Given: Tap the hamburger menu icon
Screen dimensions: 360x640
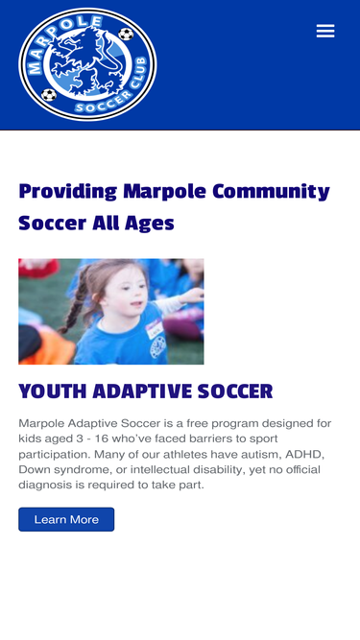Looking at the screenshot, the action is (325, 31).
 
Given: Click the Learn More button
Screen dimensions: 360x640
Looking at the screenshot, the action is (66, 519).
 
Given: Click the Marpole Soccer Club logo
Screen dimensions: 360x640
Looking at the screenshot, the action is (87, 64).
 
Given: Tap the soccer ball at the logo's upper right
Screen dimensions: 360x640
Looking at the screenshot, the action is (126, 34).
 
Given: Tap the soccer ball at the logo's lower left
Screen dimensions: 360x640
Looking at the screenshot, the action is (49, 95).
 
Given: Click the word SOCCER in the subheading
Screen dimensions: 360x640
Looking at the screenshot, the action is (235, 391).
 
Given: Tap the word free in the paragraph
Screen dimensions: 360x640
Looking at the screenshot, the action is (197, 423).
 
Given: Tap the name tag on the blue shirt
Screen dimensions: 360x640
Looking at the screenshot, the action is (155, 329).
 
